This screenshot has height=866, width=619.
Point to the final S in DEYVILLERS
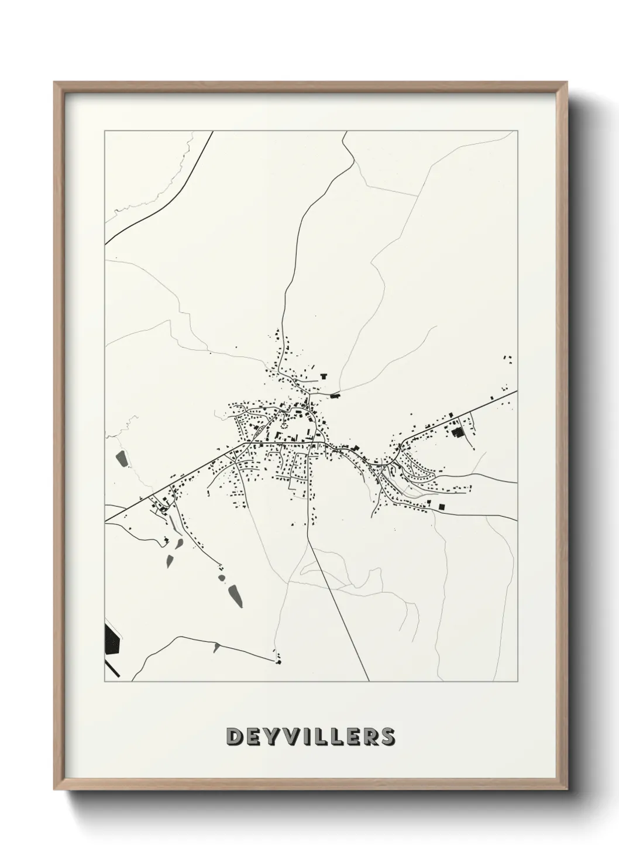387,737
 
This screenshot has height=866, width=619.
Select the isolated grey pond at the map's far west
122,459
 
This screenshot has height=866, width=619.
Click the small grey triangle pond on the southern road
216,646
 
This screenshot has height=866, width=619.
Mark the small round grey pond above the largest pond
222,578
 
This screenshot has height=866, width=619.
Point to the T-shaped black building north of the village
322,376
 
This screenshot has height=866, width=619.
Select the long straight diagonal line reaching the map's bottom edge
339,614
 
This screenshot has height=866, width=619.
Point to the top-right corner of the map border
518,131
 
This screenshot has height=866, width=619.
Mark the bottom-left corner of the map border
105,682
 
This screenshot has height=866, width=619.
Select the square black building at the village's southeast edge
442,506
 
